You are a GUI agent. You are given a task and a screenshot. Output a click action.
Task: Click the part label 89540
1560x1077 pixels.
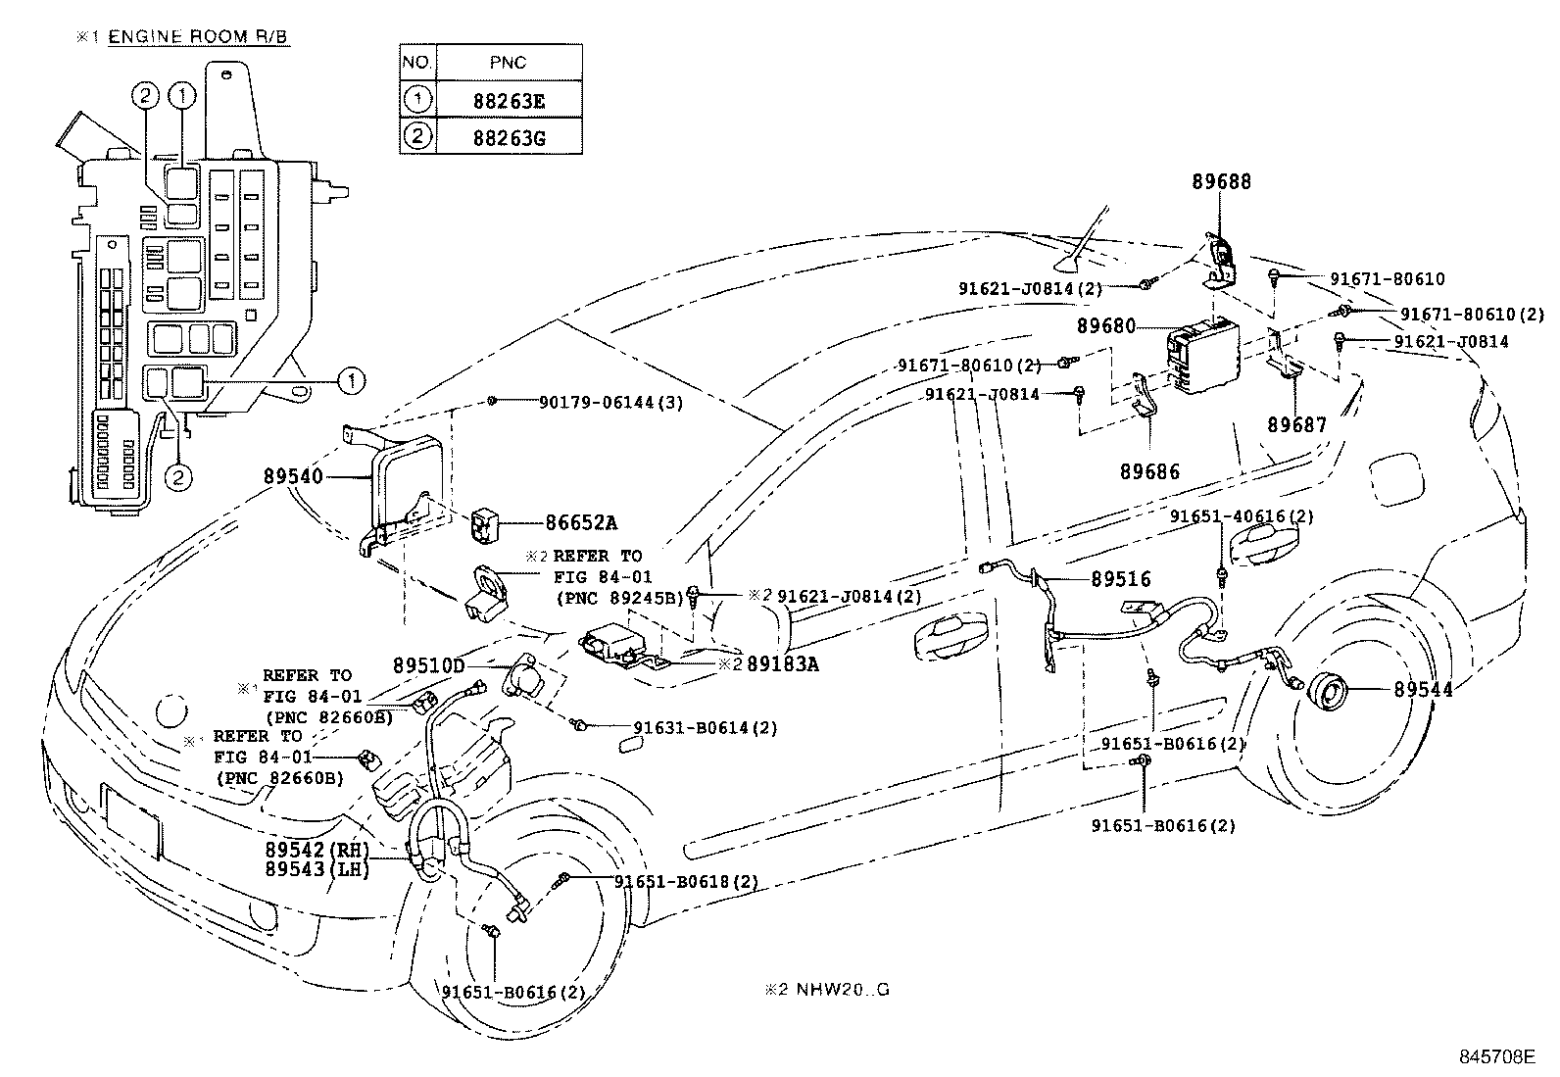pyautogui.click(x=292, y=476)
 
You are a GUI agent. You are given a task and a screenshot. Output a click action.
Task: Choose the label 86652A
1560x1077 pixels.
pyautogui.click(x=582, y=523)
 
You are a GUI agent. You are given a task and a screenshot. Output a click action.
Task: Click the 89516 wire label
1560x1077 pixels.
pyautogui.click(x=1121, y=579)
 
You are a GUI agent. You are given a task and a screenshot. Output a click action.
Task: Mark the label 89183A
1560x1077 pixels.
pyautogui.click(x=782, y=663)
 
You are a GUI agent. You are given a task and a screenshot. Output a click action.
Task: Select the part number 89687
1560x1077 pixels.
pyautogui.click(x=1296, y=424)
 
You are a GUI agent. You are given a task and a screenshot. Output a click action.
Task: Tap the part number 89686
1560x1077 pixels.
pyautogui.click(x=1150, y=471)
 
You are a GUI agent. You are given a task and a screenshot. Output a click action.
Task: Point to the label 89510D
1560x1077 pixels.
pyautogui.click(x=428, y=665)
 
